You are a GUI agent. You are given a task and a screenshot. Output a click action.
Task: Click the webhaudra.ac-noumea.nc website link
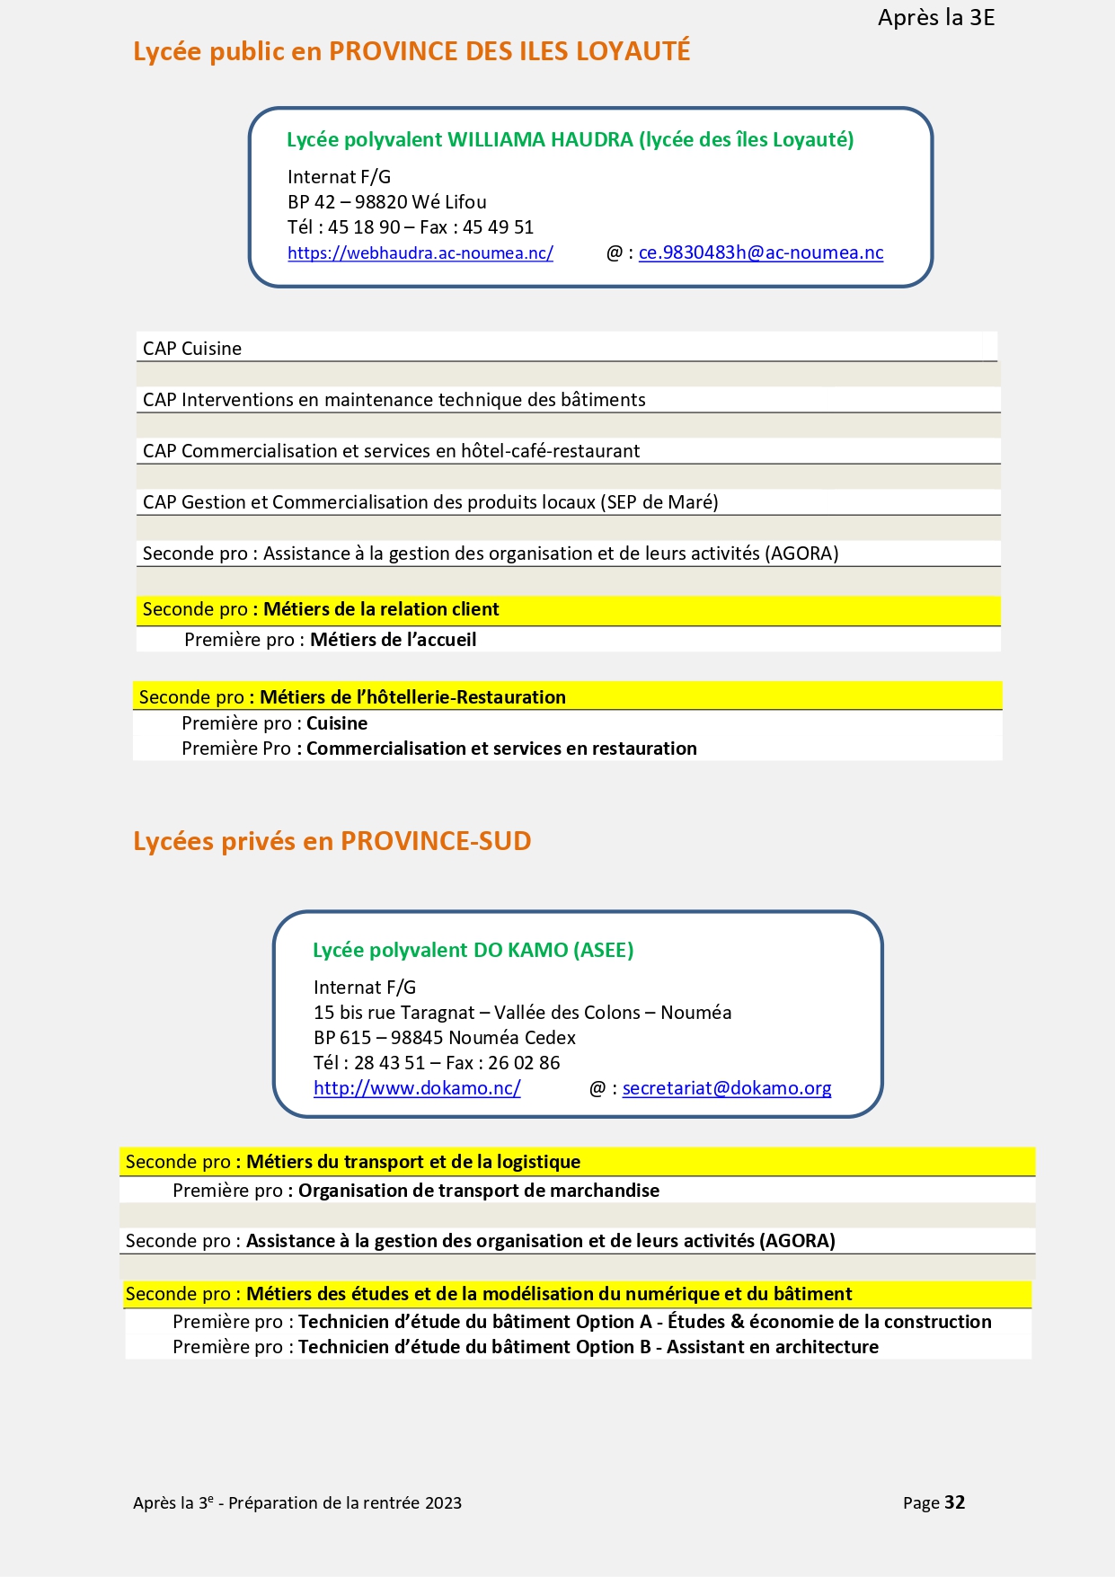click(420, 253)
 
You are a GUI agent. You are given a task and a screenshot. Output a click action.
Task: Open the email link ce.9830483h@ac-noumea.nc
click(760, 253)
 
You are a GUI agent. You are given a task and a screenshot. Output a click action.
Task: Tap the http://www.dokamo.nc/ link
click(417, 1088)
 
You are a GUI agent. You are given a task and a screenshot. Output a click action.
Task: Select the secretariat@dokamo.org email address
click(726, 1088)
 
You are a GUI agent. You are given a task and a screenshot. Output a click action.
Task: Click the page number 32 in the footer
click(954, 1502)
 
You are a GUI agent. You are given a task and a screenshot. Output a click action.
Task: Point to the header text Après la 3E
click(935, 18)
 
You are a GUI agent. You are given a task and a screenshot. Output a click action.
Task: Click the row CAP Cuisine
click(192, 349)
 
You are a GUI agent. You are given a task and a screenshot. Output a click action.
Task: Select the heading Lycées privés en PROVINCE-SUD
click(332, 841)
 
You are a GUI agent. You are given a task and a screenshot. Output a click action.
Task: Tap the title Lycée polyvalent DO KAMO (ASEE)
click(473, 950)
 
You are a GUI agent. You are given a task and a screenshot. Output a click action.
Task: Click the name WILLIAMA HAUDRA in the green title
click(540, 139)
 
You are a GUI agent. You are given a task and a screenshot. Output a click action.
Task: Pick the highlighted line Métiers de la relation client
click(380, 609)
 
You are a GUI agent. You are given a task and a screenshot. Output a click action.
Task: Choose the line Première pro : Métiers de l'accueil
click(330, 640)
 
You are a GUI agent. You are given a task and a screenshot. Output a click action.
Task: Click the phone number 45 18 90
click(364, 227)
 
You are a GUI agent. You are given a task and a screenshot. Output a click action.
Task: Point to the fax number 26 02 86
click(524, 1063)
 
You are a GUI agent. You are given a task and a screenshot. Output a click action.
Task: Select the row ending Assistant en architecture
click(526, 1347)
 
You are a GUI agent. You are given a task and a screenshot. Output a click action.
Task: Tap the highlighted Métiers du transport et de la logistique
click(412, 1162)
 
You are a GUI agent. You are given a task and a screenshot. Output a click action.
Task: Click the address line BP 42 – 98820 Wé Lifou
click(386, 202)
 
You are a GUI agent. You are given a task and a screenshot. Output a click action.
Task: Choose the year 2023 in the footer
click(443, 1503)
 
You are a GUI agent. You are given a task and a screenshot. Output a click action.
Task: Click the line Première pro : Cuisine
click(274, 723)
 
